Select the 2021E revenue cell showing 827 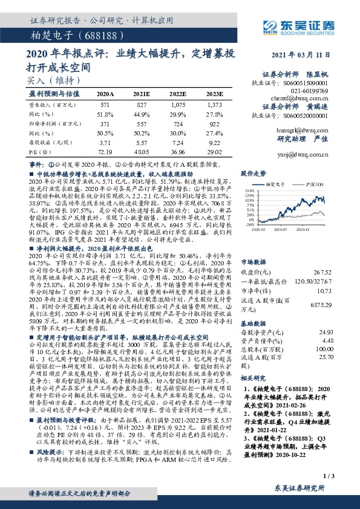143,105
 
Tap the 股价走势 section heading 254,173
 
